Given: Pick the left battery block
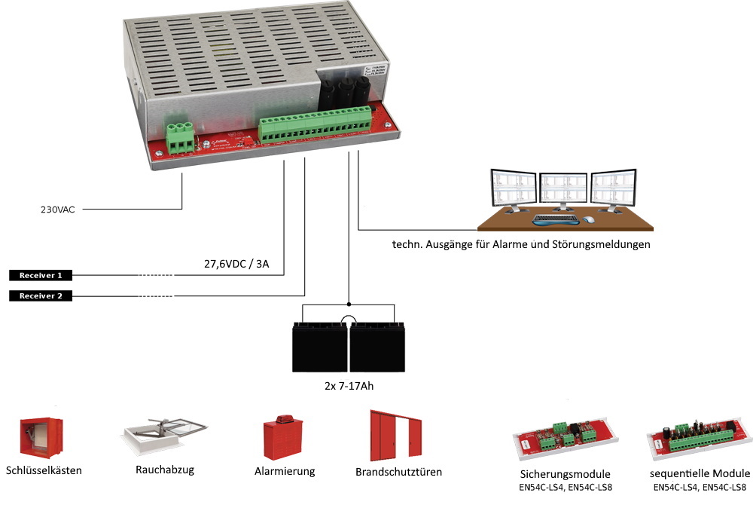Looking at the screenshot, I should pyautogui.click(x=320, y=347).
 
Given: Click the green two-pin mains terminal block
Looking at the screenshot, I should pyautogui.click(x=180, y=136).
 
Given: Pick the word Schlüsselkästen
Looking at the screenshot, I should pyautogui.click(x=43, y=470).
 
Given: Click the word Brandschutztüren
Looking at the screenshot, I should pyautogui.click(x=398, y=472).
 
